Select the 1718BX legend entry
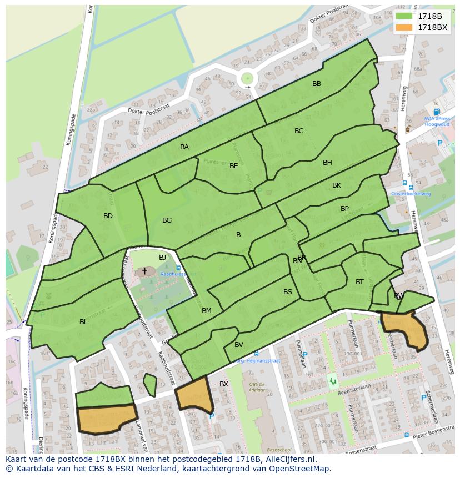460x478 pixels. click(423, 27)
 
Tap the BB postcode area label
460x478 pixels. click(317, 84)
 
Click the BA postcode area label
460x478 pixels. click(184, 147)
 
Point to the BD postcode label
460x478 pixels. click(108, 216)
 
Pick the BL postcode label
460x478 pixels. click(83, 322)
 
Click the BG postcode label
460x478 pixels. click(167, 220)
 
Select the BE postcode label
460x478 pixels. click(234, 166)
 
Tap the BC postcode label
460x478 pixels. click(299, 131)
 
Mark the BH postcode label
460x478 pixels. click(327, 163)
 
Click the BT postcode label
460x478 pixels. click(359, 282)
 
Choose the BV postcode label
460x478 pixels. click(239, 345)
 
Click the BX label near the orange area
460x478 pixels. click(224, 384)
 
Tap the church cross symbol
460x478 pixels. click(145, 271)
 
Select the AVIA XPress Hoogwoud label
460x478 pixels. click(437, 121)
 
